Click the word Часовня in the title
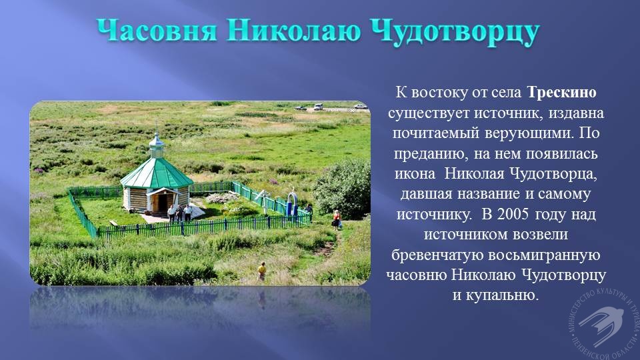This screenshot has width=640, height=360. click(157, 31)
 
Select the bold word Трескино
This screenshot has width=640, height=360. click(561, 92)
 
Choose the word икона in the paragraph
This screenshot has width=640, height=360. click(415, 174)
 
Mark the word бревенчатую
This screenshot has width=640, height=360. click(437, 255)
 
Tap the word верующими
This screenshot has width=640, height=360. click(527, 133)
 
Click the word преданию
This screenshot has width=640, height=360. click(429, 154)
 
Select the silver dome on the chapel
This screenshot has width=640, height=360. click(156, 141)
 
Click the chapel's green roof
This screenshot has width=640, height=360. click(156, 174)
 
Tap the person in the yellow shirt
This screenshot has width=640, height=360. click(261, 271)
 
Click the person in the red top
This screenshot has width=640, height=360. click(337, 220)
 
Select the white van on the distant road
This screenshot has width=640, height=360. click(319, 107)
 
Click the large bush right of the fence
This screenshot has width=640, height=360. click(343, 188)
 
